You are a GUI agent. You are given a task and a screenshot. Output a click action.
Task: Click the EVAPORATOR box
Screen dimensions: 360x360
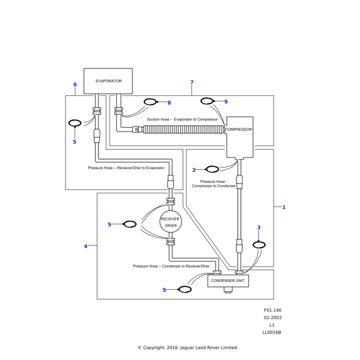(108, 80)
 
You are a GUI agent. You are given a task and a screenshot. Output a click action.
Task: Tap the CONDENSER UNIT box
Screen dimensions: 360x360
(228, 280)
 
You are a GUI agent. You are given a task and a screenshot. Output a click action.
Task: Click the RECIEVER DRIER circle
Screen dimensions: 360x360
(170, 222)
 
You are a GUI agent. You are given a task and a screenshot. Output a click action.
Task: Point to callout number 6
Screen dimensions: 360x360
(75, 85)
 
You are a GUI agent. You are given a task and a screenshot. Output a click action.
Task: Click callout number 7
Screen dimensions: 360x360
(191, 82)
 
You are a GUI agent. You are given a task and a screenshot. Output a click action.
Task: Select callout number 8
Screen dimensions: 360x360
(169, 103)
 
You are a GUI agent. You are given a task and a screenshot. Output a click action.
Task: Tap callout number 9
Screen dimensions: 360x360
(226, 102)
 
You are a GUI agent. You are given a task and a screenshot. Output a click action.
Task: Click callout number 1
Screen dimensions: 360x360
(284, 207)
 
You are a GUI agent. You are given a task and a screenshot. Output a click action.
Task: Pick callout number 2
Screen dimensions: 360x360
(194, 170)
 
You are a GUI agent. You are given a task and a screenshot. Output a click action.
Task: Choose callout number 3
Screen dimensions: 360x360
(259, 227)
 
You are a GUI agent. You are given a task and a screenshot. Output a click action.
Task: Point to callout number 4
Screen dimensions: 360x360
(85, 246)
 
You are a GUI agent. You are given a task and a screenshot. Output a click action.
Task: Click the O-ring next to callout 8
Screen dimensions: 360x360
(151, 102)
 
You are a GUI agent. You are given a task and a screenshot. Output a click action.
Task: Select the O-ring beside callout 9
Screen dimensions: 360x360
(207, 101)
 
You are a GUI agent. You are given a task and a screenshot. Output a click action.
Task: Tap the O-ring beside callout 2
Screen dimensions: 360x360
(212, 169)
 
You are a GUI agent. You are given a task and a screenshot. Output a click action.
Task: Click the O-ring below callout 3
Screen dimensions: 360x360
(259, 245)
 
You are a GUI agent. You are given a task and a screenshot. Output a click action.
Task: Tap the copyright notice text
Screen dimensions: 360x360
(188, 347)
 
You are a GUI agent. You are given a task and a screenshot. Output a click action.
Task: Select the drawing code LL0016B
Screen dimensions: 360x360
(272, 332)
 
